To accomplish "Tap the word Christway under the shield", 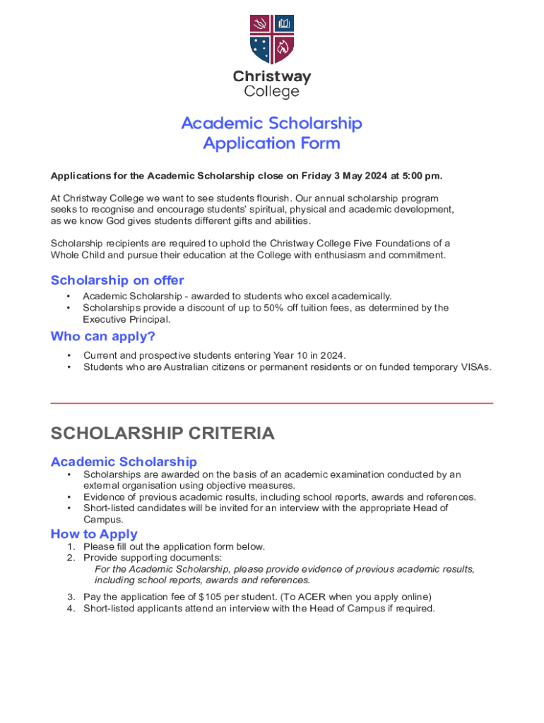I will [x=272, y=77].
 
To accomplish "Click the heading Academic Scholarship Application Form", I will [x=272, y=133].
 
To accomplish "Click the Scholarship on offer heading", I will [x=117, y=280].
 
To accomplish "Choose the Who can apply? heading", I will [x=103, y=336].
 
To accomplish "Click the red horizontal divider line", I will [x=272, y=403].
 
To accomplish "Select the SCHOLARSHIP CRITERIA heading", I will [x=162, y=434].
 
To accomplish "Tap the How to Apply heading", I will [x=94, y=534].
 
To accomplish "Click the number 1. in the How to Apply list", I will [x=71, y=546].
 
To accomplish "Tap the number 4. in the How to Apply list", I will [x=71, y=609].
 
